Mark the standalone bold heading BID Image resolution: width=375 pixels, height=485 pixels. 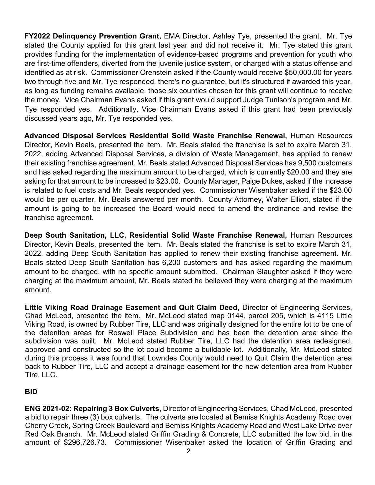click(x=31, y=392)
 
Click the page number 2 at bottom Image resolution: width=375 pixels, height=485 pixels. click(x=188, y=451)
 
